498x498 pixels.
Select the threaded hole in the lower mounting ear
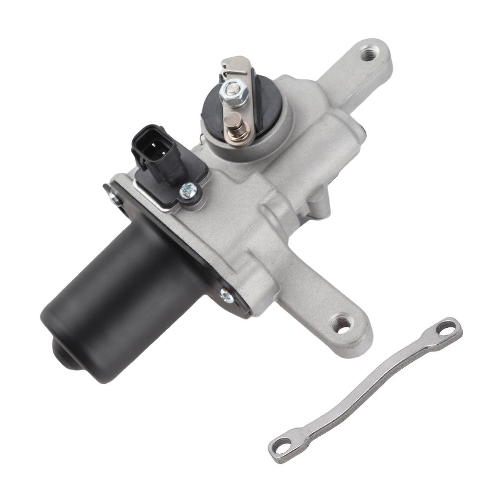tap(341, 324)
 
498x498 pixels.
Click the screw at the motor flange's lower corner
tap(226, 295)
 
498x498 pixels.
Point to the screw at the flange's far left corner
tap(113, 196)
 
